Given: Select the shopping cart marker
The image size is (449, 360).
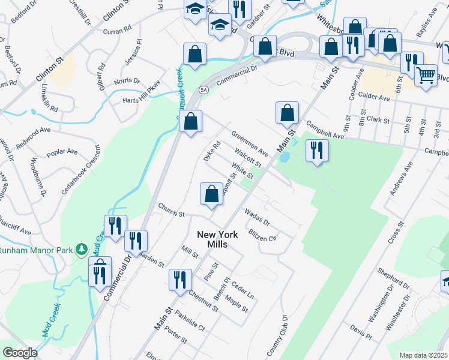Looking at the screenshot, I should click(x=426, y=76).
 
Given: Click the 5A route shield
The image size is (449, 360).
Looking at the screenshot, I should click(x=204, y=90).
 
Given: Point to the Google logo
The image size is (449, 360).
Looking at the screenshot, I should click(x=19, y=353).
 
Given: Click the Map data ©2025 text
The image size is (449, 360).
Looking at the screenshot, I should click(x=424, y=355).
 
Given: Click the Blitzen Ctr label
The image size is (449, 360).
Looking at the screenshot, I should click(x=262, y=235).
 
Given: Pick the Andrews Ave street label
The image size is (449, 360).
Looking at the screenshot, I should click(x=401, y=180).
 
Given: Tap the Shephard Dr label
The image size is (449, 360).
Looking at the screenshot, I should click(x=393, y=280).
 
